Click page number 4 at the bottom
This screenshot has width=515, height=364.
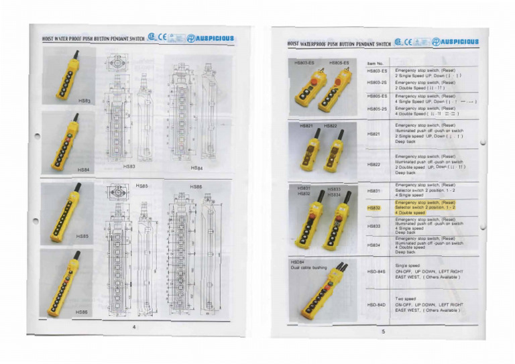(134, 326)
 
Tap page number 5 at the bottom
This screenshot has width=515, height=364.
(384, 331)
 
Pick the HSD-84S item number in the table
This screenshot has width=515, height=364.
(376, 271)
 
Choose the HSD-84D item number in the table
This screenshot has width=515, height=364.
(376, 305)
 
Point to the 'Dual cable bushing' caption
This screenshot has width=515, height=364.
(308, 267)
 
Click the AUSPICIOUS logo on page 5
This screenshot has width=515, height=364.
(456, 42)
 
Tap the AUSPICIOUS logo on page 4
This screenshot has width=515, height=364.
(211, 38)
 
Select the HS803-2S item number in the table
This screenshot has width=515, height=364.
(378, 83)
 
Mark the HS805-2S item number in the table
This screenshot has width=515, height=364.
(378, 109)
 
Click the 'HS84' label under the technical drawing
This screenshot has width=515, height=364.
(196, 168)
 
